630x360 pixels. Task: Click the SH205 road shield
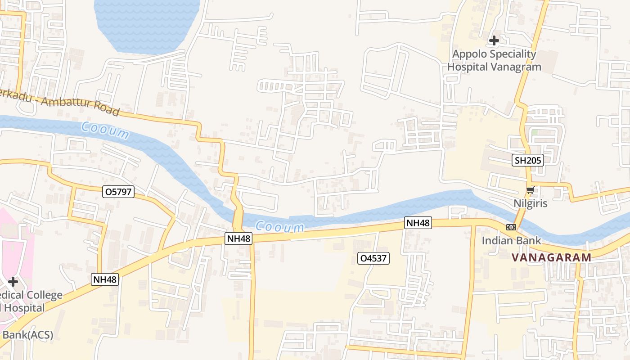click(x=528, y=160)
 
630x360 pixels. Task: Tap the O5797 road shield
click(x=118, y=192)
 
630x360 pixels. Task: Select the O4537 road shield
click(x=373, y=258)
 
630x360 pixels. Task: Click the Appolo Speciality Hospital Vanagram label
click(x=494, y=60)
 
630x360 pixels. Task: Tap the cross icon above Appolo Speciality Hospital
click(x=494, y=40)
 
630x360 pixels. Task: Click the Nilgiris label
click(x=531, y=203)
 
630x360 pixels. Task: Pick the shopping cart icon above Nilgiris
click(x=531, y=191)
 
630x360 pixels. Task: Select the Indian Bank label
click(x=511, y=240)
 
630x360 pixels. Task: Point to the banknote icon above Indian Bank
click(x=511, y=227)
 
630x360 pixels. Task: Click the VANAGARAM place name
click(x=551, y=257)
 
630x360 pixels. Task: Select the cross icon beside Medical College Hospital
click(x=13, y=282)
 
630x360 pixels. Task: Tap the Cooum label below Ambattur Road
click(x=105, y=130)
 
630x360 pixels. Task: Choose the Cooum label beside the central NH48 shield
click(x=279, y=226)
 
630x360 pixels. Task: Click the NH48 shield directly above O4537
click(x=418, y=223)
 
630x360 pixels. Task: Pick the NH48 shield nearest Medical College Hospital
click(x=105, y=279)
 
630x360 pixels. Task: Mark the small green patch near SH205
click(x=535, y=133)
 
